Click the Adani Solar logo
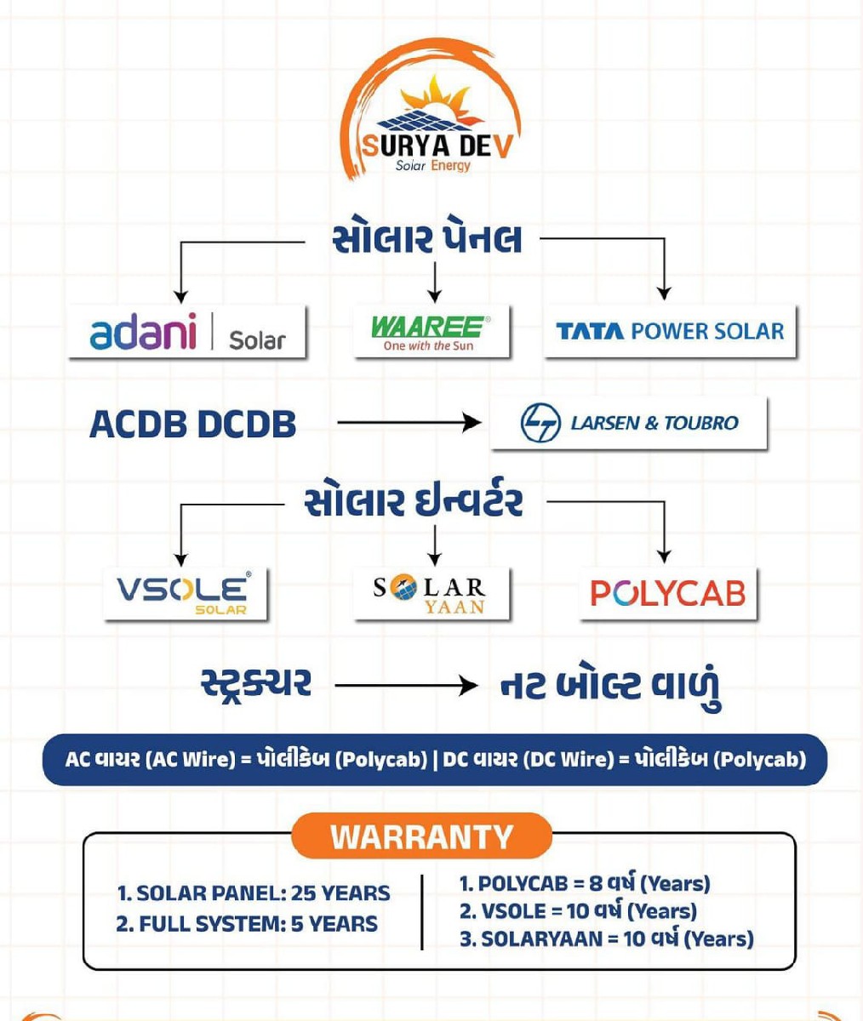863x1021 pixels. (x=187, y=332)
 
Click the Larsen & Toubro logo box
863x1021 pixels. (x=629, y=423)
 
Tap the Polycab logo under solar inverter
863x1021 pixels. (x=668, y=594)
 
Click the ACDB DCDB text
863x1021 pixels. (x=192, y=424)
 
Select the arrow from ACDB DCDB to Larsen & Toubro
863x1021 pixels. (x=409, y=423)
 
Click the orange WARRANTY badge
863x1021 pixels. (x=422, y=836)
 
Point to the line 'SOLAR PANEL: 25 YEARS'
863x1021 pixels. (x=254, y=893)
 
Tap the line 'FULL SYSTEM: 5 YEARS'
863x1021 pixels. (x=247, y=924)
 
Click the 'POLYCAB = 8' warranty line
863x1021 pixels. (x=585, y=884)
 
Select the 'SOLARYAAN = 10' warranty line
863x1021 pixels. (x=607, y=938)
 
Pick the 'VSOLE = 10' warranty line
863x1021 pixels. (x=578, y=911)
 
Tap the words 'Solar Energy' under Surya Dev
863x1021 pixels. (x=433, y=166)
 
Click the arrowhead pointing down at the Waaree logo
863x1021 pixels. (x=434, y=296)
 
